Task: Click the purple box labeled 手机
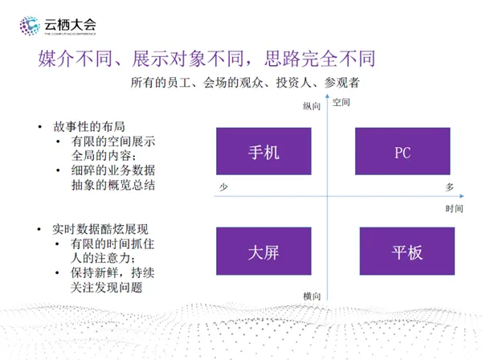263,151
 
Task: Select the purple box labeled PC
402,151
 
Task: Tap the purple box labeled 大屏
263,252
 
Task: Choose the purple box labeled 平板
407,252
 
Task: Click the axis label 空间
341,102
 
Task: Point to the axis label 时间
455,209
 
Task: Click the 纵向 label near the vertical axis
312,106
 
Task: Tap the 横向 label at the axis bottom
312,297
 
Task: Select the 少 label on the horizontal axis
223,187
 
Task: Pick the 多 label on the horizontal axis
450,187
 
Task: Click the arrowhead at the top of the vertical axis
328,96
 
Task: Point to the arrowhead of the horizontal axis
462,196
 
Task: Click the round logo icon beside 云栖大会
30,26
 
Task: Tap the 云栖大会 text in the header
70,25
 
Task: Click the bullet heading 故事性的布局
89,127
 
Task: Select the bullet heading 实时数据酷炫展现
100,229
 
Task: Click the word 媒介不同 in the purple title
75,59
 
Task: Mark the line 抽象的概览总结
113,186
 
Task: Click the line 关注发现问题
106,288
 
